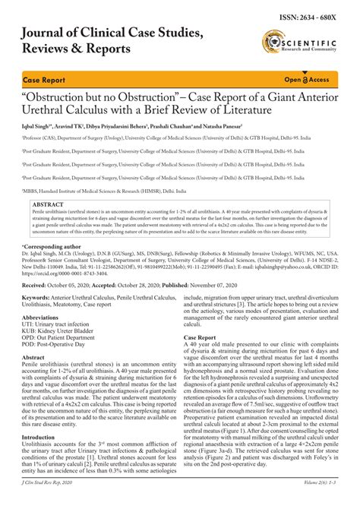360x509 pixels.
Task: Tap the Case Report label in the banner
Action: tap(43, 80)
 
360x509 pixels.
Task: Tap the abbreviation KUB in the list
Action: tap(30, 334)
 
